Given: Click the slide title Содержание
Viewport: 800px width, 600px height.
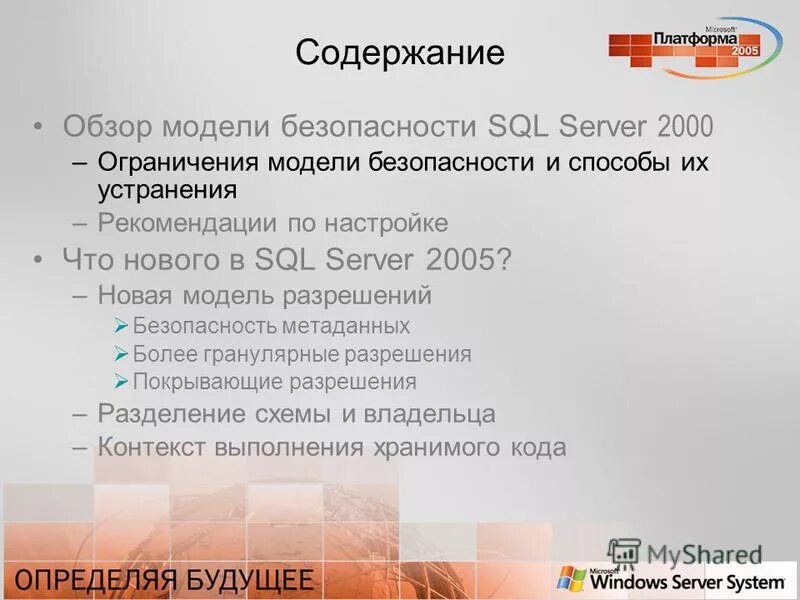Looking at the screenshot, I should click(400, 53).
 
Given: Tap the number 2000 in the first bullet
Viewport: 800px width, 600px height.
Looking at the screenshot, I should click(685, 127).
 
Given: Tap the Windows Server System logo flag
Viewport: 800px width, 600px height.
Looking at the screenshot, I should click(571, 579).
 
